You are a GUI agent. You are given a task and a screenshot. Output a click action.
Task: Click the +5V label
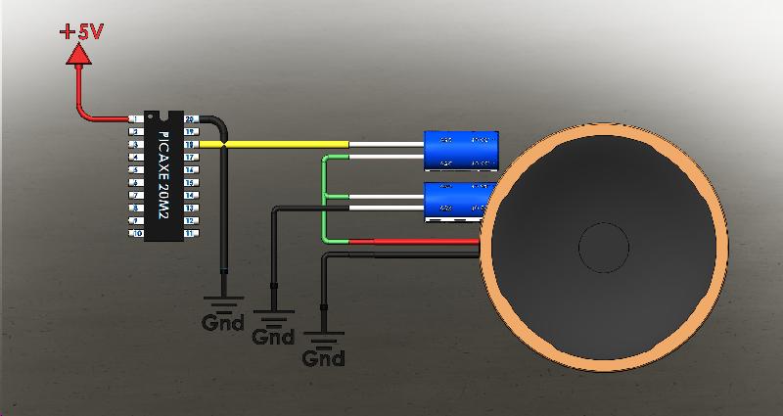[81, 31]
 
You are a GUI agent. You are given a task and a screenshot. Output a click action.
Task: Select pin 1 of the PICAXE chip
[136, 119]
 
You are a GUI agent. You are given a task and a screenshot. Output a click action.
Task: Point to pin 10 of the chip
[136, 234]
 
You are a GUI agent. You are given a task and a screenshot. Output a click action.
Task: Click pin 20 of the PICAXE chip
[191, 119]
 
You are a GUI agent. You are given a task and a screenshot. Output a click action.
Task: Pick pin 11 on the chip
[191, 234]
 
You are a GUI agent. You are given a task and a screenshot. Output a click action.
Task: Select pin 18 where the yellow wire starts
[191, 145]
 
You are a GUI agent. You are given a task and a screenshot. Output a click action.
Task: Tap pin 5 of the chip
[136, 170]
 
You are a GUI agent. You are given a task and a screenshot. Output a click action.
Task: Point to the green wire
[324, 196]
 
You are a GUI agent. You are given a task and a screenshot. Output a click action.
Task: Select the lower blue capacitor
[457, 199]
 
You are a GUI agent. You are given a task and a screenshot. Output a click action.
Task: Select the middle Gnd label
[273, 337]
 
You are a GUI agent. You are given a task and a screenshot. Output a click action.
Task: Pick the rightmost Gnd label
[323, 357]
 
